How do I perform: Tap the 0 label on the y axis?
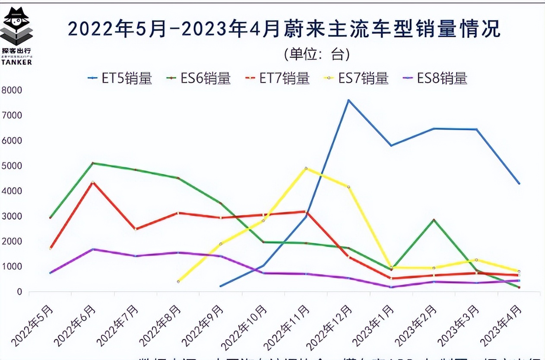(19, 292)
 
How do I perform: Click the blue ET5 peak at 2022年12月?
(349, 100)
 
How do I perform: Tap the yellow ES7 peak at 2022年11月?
(306, 168)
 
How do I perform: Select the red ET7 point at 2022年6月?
(93, 182)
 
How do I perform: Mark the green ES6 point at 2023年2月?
(433, 220)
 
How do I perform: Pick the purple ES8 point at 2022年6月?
(93, 249)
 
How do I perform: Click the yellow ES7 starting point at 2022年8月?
(178, 281)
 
